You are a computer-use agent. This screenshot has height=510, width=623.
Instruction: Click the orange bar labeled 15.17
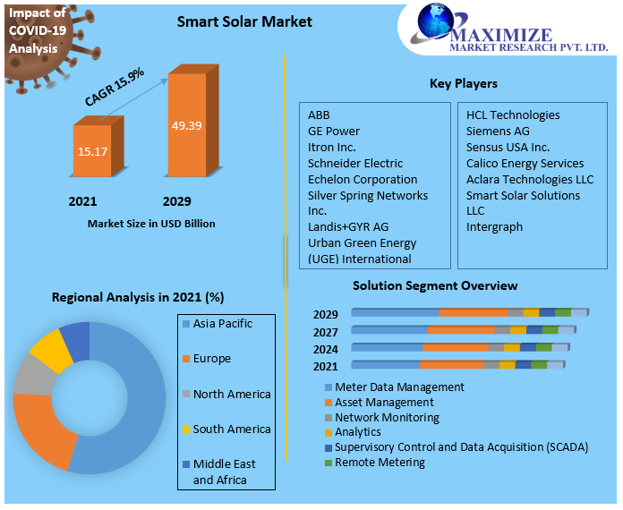point(92,151)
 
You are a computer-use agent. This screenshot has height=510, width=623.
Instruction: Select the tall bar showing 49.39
point(188,125)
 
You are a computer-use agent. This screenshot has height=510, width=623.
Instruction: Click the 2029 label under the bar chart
point(176,201)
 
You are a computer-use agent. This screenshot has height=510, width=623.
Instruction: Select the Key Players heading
point(464,83)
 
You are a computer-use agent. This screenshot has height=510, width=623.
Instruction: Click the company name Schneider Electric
point(355,163)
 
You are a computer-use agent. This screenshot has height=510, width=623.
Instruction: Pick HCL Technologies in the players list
point(513,115)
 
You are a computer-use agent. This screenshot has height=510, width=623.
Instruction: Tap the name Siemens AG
point(498,131)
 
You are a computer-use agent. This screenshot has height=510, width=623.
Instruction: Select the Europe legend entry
point(211,358)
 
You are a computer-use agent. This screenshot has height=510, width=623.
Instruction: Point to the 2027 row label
point(326,331)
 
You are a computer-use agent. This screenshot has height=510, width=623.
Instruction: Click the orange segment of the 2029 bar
point(473,312)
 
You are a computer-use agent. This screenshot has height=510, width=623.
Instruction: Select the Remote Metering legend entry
point(380,462)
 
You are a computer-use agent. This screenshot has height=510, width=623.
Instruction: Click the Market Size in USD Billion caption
point(151,223)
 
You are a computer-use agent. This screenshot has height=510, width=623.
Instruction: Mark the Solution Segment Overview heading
point(435,285)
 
